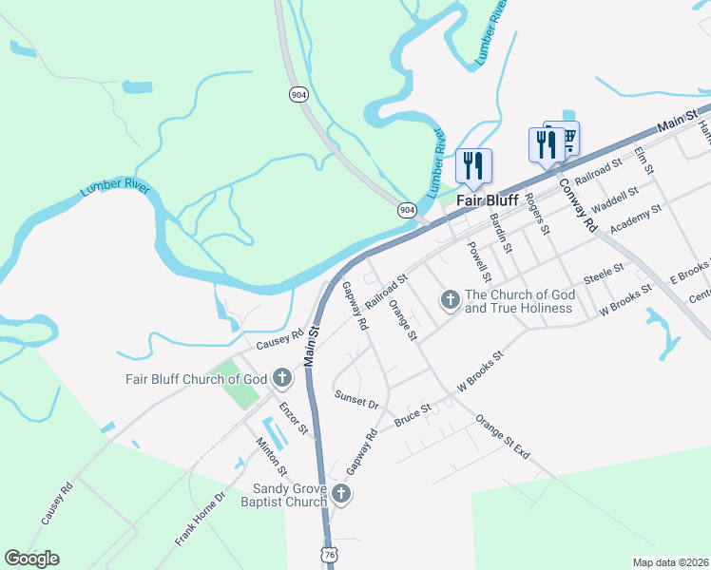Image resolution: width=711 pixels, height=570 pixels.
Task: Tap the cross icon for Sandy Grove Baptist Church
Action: (341, 494)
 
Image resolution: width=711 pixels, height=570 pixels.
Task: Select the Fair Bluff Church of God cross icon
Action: (281, 378)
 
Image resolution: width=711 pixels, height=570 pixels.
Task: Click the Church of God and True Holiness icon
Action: (451, 300)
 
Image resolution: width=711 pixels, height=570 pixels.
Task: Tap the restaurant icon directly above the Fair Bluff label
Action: (472, 166)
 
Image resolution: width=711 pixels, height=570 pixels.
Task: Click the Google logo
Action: (31, 559)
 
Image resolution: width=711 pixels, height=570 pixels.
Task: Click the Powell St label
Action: (478, 261)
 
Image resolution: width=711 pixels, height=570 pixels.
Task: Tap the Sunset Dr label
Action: (356, 399)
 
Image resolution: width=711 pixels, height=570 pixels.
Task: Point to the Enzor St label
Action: (294, 419)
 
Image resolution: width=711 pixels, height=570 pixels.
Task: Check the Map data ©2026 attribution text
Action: (670, 562)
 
